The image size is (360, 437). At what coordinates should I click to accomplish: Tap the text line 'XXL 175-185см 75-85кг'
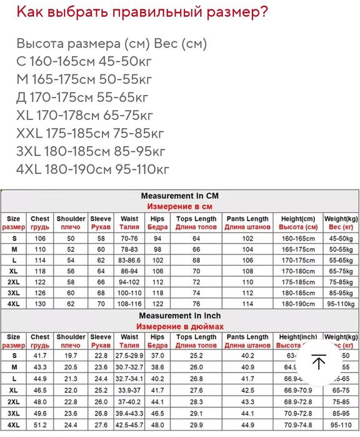pyautogui.click(x=90, y=133)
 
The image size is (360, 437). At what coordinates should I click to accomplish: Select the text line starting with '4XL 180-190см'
pyautogui.click(x=93, y=169)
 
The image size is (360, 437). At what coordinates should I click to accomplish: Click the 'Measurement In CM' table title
pyautogui.click(x=179, y=196)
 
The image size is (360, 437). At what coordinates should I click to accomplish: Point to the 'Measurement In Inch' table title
pyautogui.click(x=179, y=316)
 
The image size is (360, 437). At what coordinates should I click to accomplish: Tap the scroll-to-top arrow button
pyautogui.click(x=319, y=363)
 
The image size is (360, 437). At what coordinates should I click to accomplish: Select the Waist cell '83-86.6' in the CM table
pyautogui.click(x=129, y=259)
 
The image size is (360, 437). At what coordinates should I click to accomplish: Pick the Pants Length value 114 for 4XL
pyautogui.click(x=247, y=303)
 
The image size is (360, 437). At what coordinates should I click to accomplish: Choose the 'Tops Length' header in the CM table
pyautogui.click(x=196, y=219)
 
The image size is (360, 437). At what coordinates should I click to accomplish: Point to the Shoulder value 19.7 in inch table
pyautogui.click(x=71, y=355)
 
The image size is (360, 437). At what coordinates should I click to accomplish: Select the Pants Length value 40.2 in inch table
pyautogui.click(x=247, y=355)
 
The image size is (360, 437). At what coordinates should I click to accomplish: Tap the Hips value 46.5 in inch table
pyautogui.click(x=157, y=414)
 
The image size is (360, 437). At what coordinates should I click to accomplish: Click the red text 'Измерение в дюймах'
pyautogui.click(x=179, y=326)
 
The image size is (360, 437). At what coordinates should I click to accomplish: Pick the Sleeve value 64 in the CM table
pyautogui.click(x=101, y=271)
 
